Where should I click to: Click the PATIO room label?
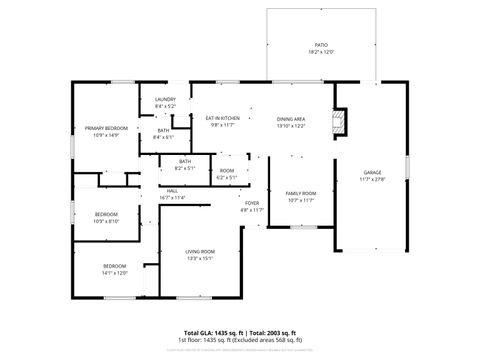point(321,44)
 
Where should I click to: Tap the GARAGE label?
point(372,173)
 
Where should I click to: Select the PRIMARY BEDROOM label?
point(105,128)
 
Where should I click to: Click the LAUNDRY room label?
point(165,99)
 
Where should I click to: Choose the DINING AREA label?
point(291,119)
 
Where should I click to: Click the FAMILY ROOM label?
point(301,193)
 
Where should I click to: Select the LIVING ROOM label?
point(201,251)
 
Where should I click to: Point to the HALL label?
point(172,190)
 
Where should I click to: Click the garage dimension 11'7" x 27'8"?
point(372,180)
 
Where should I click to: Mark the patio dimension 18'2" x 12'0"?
point(321,51)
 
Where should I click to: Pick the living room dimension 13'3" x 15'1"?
point(201,258)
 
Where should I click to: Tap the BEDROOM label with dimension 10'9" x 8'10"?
point(107,214)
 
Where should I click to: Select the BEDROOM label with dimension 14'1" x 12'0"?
point(114,265)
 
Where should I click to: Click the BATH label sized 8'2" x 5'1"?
point(185,161)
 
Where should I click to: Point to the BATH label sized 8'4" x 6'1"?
point(163,130)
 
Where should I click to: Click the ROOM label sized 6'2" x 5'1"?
point(227,171)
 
